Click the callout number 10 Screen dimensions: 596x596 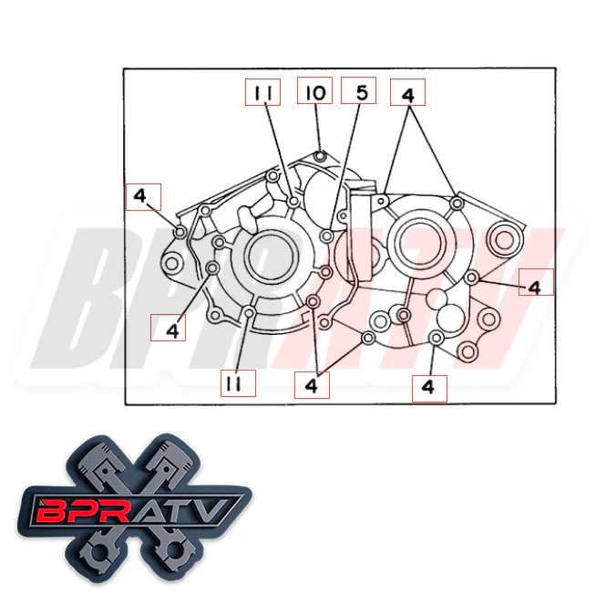point(314,93)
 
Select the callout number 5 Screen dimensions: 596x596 point(358,92)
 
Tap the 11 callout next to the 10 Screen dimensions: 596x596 point(263,93)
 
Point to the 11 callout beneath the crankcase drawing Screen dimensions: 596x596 point(233,384)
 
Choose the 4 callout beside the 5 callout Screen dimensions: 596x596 point(407,93)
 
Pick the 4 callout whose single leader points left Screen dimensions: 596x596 point(534,286)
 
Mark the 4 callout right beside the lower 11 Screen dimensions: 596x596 point(312,385)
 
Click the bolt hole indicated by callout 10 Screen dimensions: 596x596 point(319,154)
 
